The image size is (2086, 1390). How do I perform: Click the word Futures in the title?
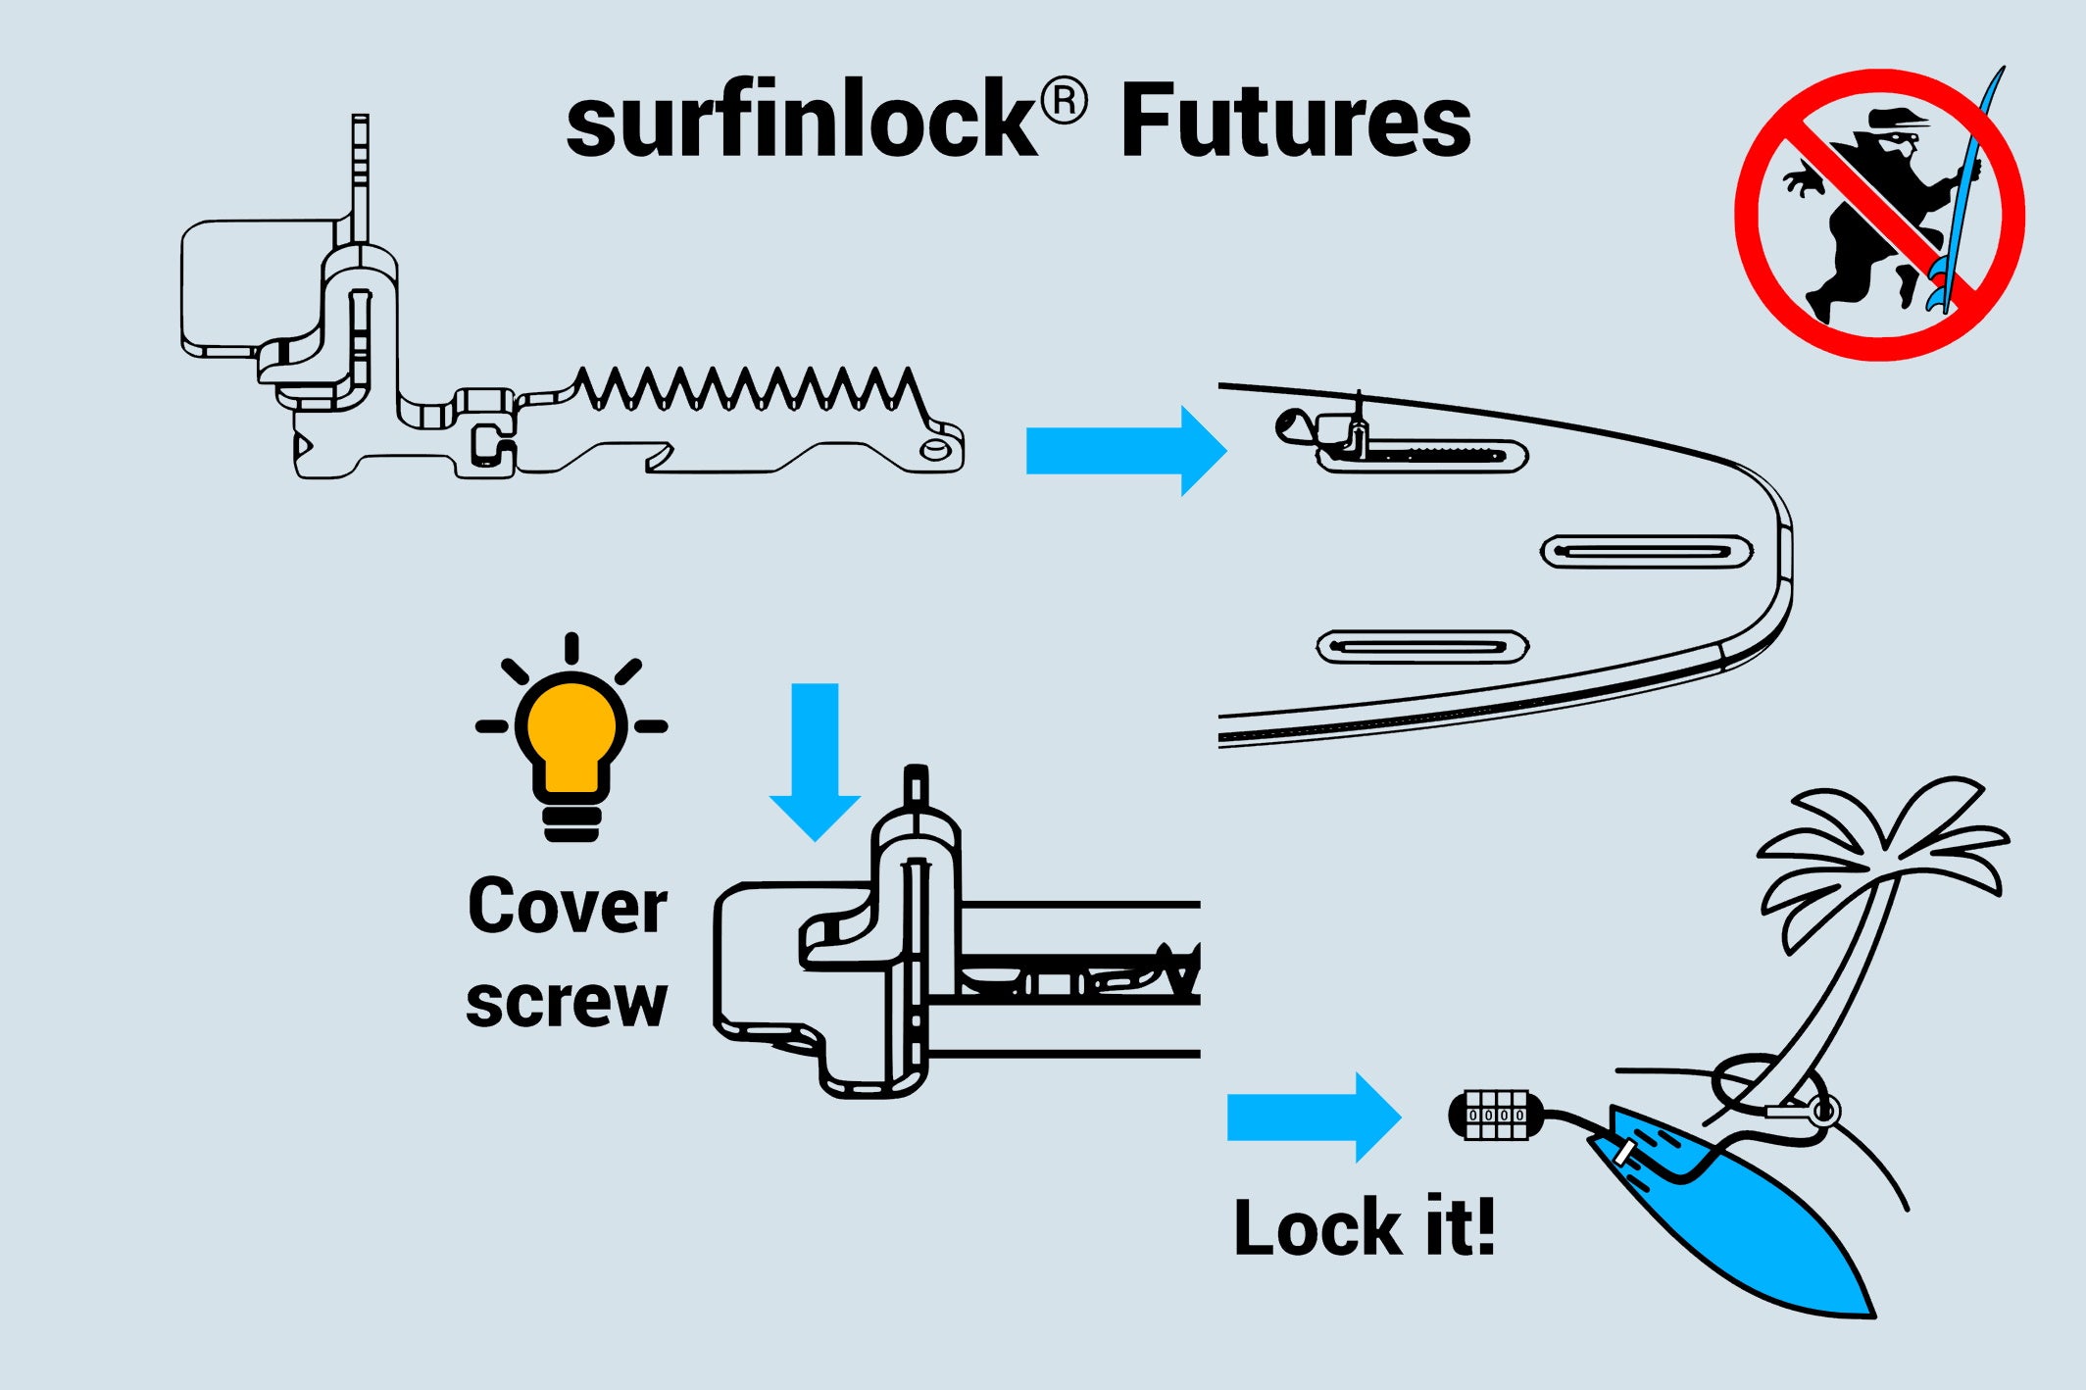pos(1295,122)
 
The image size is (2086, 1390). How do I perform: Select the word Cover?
pos(568,906)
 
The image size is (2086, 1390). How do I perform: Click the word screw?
pos(566,1002)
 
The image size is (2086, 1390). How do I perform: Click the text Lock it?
pos(1364,1227)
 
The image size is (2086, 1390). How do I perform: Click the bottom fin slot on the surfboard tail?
pos(1422,647)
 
